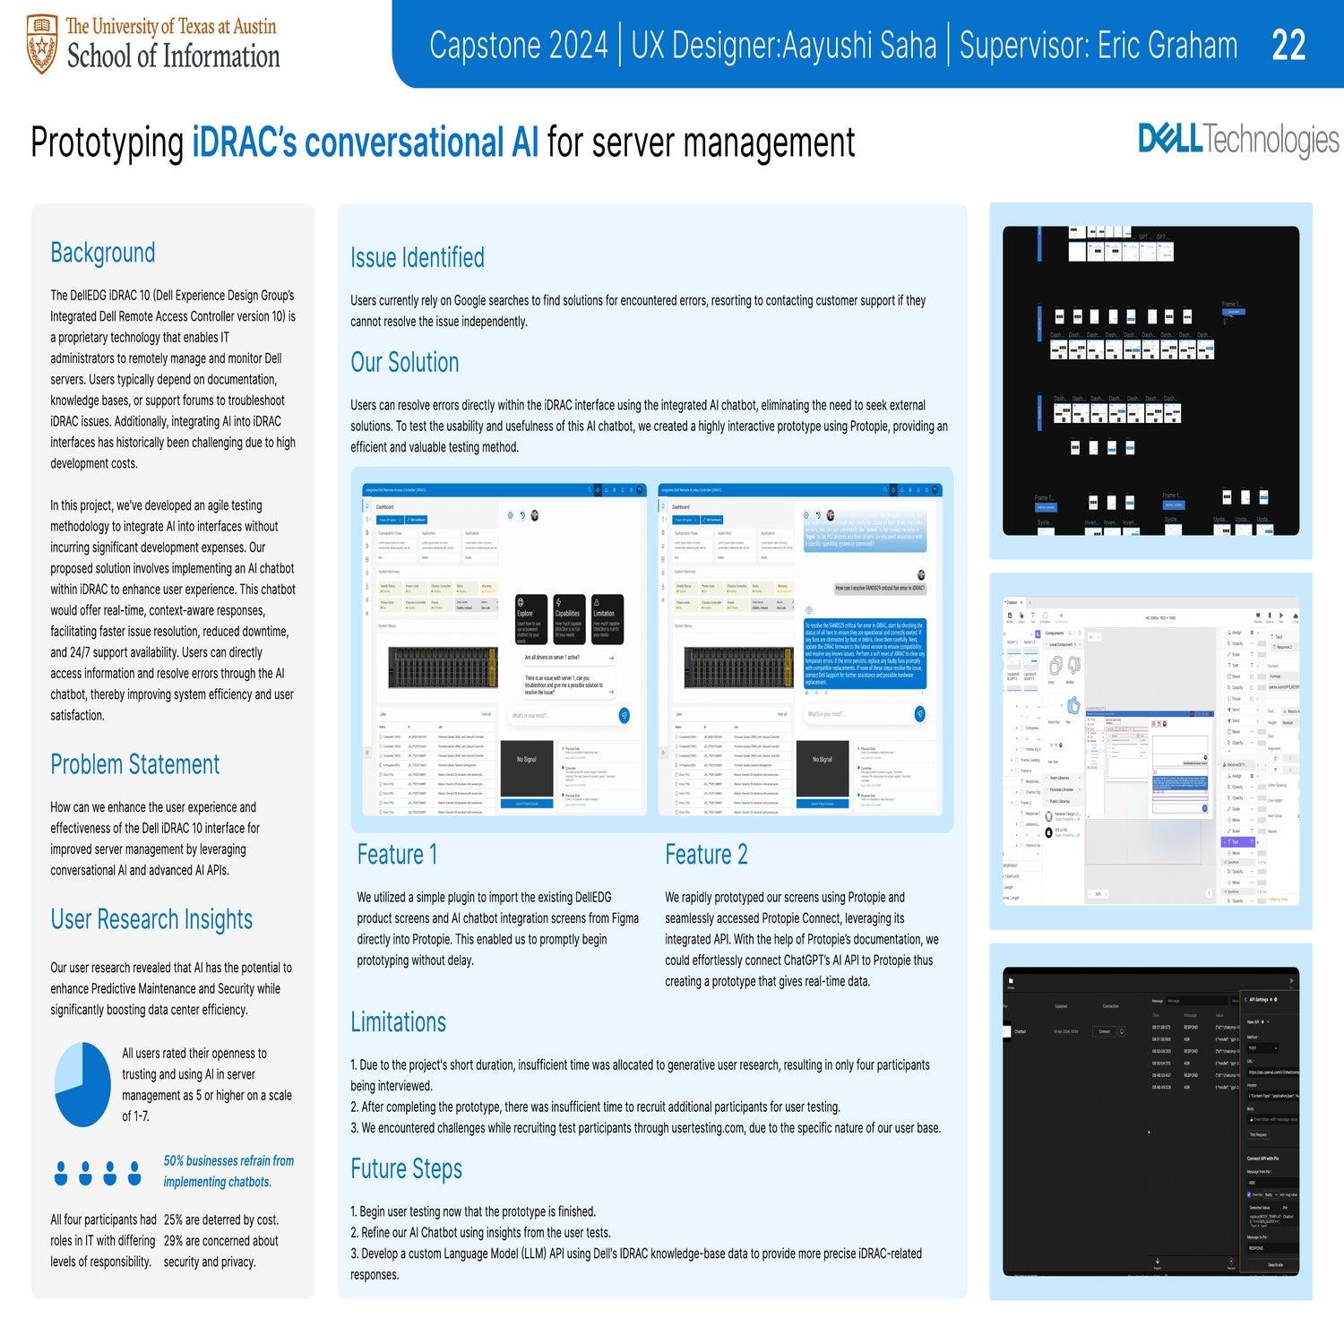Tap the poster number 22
click(x=1288, y=45)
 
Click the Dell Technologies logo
click(x=1238, y=141)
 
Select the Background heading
click(x=102, y=253)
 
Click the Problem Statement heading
click(x=134, y=764)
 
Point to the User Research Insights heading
click(x=151, y=919)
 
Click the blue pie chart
click(x=82, y=1084)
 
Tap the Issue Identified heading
click(x=417, y=258)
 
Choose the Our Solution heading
click(x=404, y=362)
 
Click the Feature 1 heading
click(x=397, y=855)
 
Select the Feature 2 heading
click(x=705, y=855)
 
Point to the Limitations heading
click(x=398, y=1022)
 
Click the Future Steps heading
click(x=406, y=1169)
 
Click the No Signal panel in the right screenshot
click(x=822, y=760)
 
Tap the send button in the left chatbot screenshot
click(x=624, y=715)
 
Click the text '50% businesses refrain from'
click(x=228, y=1161)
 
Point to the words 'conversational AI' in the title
click(x=366, y=142)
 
